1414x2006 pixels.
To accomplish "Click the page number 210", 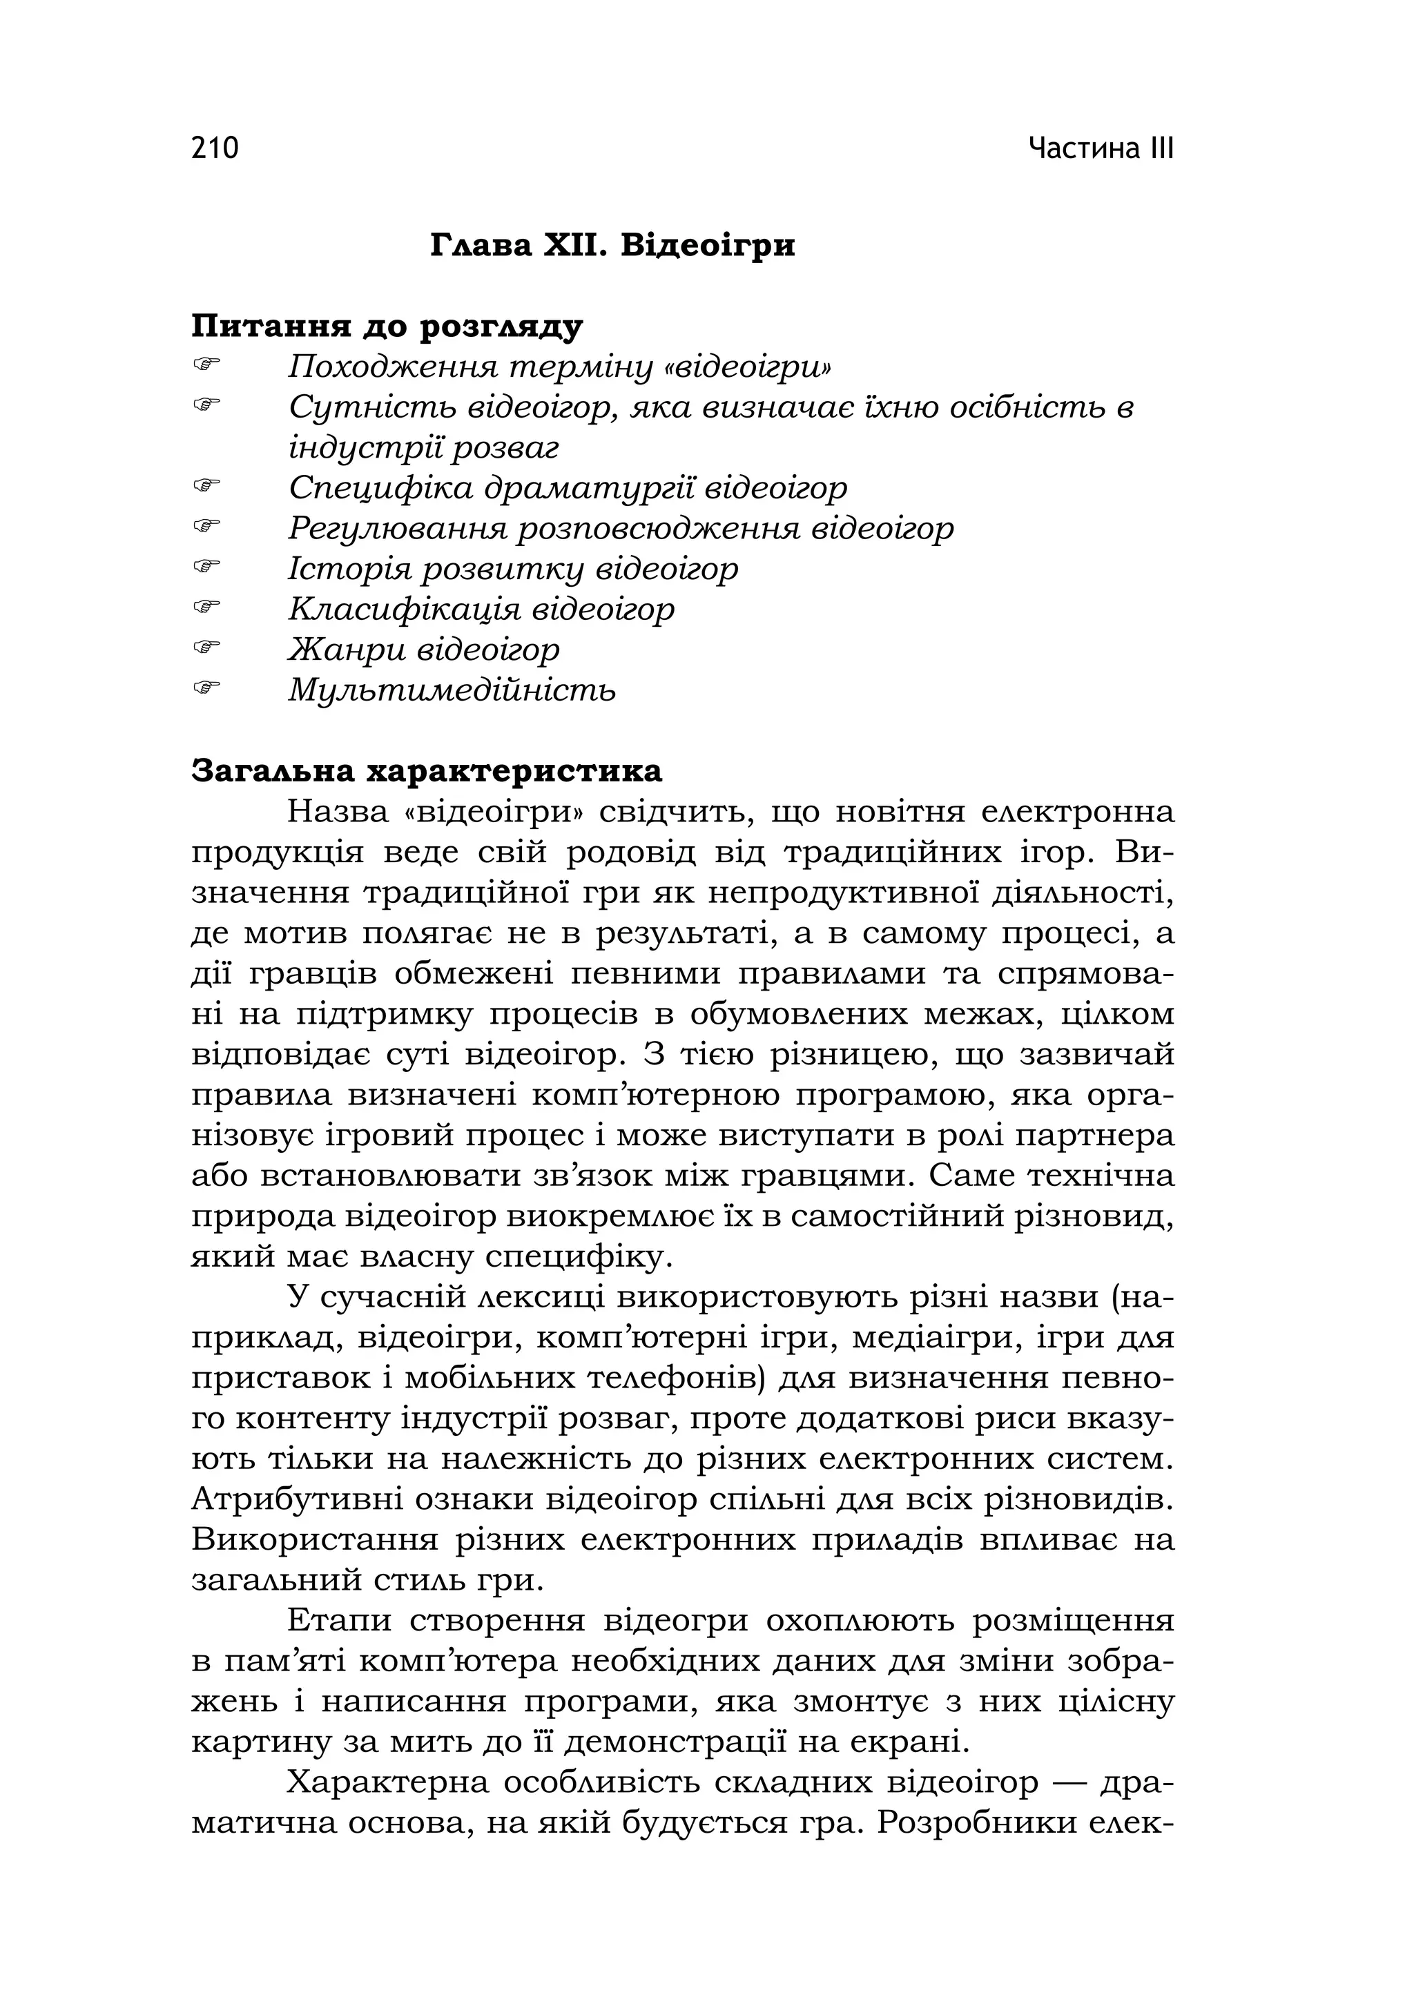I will (214, 148).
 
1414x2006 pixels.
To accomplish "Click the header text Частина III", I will (1101, 148).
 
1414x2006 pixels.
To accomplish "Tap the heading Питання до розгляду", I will (386, 328).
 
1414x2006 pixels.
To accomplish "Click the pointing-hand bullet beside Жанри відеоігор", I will (206, 647).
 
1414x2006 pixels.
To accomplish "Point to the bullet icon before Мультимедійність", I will (206, 687).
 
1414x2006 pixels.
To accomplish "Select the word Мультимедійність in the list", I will (452, 690).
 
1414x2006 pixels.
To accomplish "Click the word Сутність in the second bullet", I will (368, 407).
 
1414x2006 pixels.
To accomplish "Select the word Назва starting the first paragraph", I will (338, 812).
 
